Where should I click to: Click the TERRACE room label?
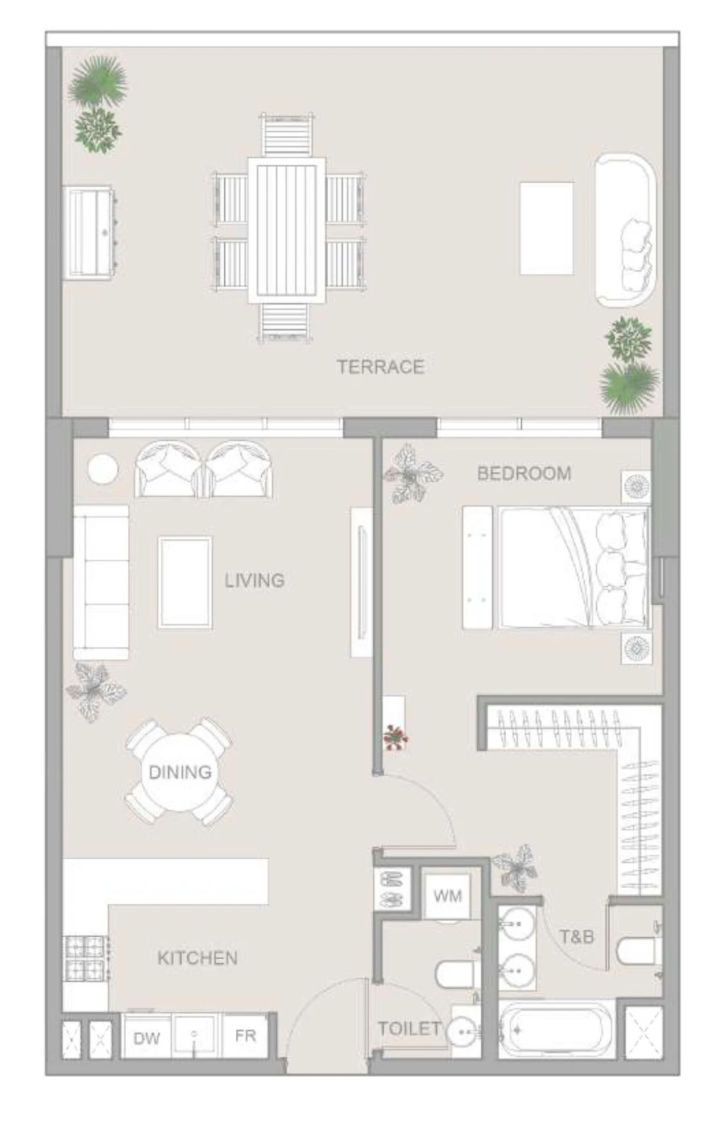pyautogui.click(x=380, y=367)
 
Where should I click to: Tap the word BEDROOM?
pyautogui.click(x=524, y=473)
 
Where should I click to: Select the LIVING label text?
pyautogui.click(x=255, y=580)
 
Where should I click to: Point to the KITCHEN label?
pyautogui.click(x=197, y=958)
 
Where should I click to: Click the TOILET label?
pyautogui.click(x=409, y=1029)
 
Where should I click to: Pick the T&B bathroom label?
pyautogui.click(x=577, y=937)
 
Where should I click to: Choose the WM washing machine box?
pyautogui.click(x=448, y=896)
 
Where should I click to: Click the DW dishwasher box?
pyautogui.click(x=147, y=1038)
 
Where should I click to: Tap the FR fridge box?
pyautogui.click(x=245, y=1036)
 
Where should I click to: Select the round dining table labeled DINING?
pyautogui.click(x=180, y=772)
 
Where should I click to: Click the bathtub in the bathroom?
pyautogui.click(x=557, y=1029)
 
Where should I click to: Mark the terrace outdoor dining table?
pyautogui.click(x=286, y=230)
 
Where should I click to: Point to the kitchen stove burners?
pyautogui.click(x=85, y=958)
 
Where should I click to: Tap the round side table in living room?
pyautogui.click(x=102, y=470)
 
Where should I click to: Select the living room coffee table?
pyautogui.click(x=185, y=582)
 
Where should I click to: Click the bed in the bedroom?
pyautogui.click(x=572, y=567)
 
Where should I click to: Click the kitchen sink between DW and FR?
pyautogui.click(x=195, y=1035)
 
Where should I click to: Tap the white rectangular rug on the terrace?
pyautogui.click(x=546, y=228)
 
